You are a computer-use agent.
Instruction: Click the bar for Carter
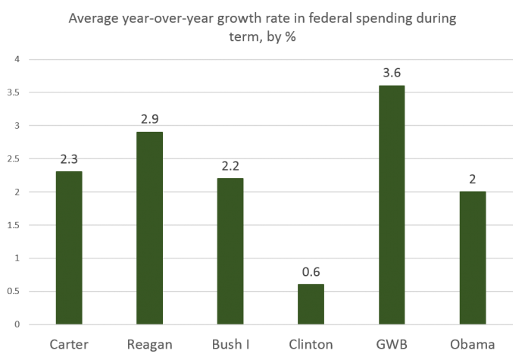tap(69, 248)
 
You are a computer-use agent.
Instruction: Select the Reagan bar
tap(149, 228)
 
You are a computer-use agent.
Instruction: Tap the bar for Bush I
tap(230, 251)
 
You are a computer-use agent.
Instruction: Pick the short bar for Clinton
tap(311, 304)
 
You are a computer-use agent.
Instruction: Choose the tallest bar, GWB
tap(392, 205)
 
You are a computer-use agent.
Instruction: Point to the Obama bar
tap(472, 258)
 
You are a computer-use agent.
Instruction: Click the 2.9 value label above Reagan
tap(149, 120)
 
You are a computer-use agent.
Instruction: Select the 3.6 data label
tap(392, 74)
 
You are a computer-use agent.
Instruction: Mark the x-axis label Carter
tap(69, 345)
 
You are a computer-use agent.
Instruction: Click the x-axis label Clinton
tap(311, 345)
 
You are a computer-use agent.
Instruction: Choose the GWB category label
tap(392, 345)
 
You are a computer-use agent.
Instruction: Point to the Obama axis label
tap(472, 345)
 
